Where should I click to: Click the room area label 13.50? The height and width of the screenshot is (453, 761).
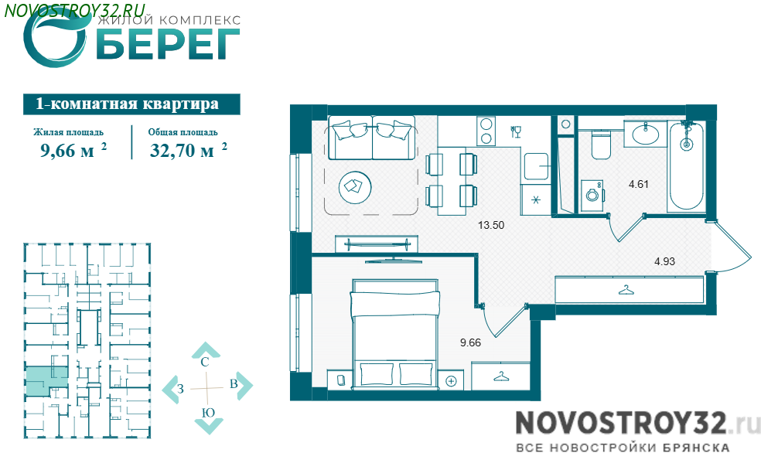tap(490, 225)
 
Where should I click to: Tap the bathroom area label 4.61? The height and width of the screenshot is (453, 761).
tap(638, 184)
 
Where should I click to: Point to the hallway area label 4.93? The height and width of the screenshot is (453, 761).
tap(664, 261)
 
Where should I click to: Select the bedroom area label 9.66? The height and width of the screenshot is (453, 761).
tap(470, 342)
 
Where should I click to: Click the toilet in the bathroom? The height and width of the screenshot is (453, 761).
tap(601, 144)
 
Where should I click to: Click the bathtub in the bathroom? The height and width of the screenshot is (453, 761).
tap(686, 166)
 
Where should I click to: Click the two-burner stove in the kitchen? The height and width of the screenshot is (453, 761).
tap(486, 131)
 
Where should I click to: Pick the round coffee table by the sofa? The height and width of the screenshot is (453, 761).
tap(355, 187)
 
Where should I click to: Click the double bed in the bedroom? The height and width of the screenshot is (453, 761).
tap(395, 334)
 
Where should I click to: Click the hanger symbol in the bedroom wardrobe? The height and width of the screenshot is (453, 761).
tap(500, 376)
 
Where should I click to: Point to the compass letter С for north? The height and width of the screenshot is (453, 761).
tap(205, 361)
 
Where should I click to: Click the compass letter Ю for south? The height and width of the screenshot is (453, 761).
tap(208, 413)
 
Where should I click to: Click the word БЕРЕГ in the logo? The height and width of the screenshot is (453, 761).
tap(168, 44)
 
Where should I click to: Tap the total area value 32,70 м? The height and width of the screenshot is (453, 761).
tap(182, 151)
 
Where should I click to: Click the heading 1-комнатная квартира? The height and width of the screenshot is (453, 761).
tap(127, 104)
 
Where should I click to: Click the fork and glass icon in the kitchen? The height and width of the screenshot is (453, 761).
tap(515, 131)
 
